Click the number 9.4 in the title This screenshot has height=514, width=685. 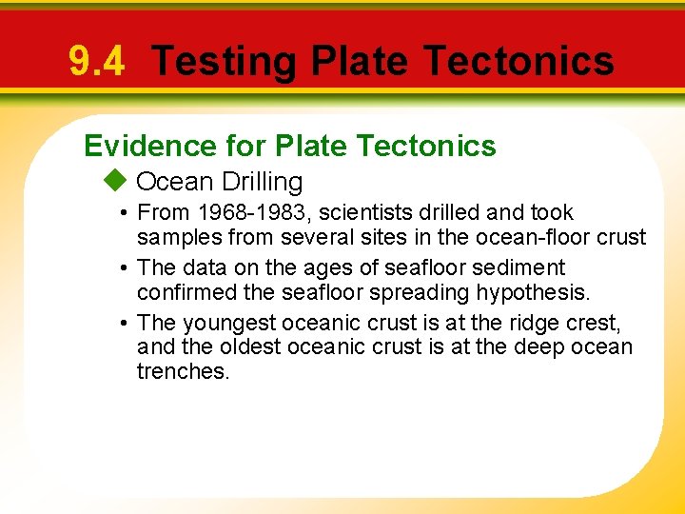(x=96, y=62)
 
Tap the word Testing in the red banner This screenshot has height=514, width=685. (x=225, y=62)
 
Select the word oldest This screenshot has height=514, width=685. (x=242, y=346)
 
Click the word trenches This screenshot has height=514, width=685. (x=183, y=371)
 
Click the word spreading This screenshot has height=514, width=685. (x=363, y=292)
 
